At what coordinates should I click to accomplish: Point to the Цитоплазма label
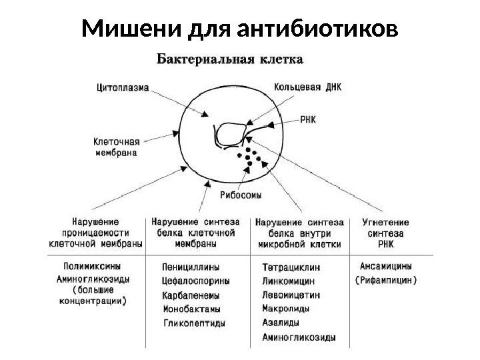point(123,86)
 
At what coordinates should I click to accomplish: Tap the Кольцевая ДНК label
point(307,87)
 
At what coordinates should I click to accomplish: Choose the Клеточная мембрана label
point(115,147)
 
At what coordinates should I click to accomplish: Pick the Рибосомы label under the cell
point(241,195)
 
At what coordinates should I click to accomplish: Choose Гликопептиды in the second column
point(195,323)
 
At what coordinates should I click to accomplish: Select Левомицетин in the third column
point(291,295)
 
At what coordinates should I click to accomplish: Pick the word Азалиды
point(281,323)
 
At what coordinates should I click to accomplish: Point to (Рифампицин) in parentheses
point(385,279)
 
